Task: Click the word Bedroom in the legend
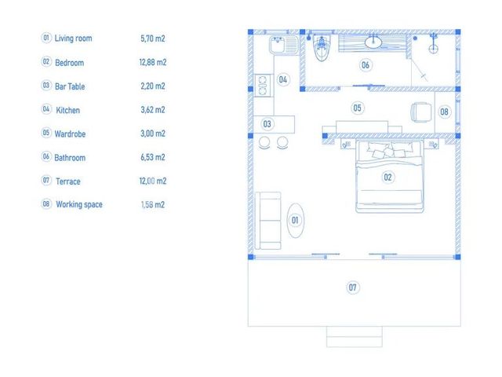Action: (70, 63)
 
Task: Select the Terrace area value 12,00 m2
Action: (153, 181)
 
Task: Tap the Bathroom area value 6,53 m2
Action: (153, 157)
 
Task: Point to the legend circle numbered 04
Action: (46, 109)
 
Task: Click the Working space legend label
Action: (79, 204)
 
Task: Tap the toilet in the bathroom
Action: (322, 48)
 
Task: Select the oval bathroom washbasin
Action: (373, 42)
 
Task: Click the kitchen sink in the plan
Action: (284, 45)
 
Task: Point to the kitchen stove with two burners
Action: (263, 86)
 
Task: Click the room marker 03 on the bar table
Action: (267, 124)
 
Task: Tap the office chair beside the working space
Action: (421, 112)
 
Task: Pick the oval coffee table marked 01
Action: (295, 220)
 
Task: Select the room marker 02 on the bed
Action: (387, 177)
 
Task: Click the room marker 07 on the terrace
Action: (352, 287)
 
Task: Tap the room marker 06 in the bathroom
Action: (366, 65)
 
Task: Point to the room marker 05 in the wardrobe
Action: (358, 108)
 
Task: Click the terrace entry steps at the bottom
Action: (355, 337)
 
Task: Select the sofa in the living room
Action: (268, 221)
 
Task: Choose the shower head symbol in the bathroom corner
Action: (433, 43)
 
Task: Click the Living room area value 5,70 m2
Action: (153, 38)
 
